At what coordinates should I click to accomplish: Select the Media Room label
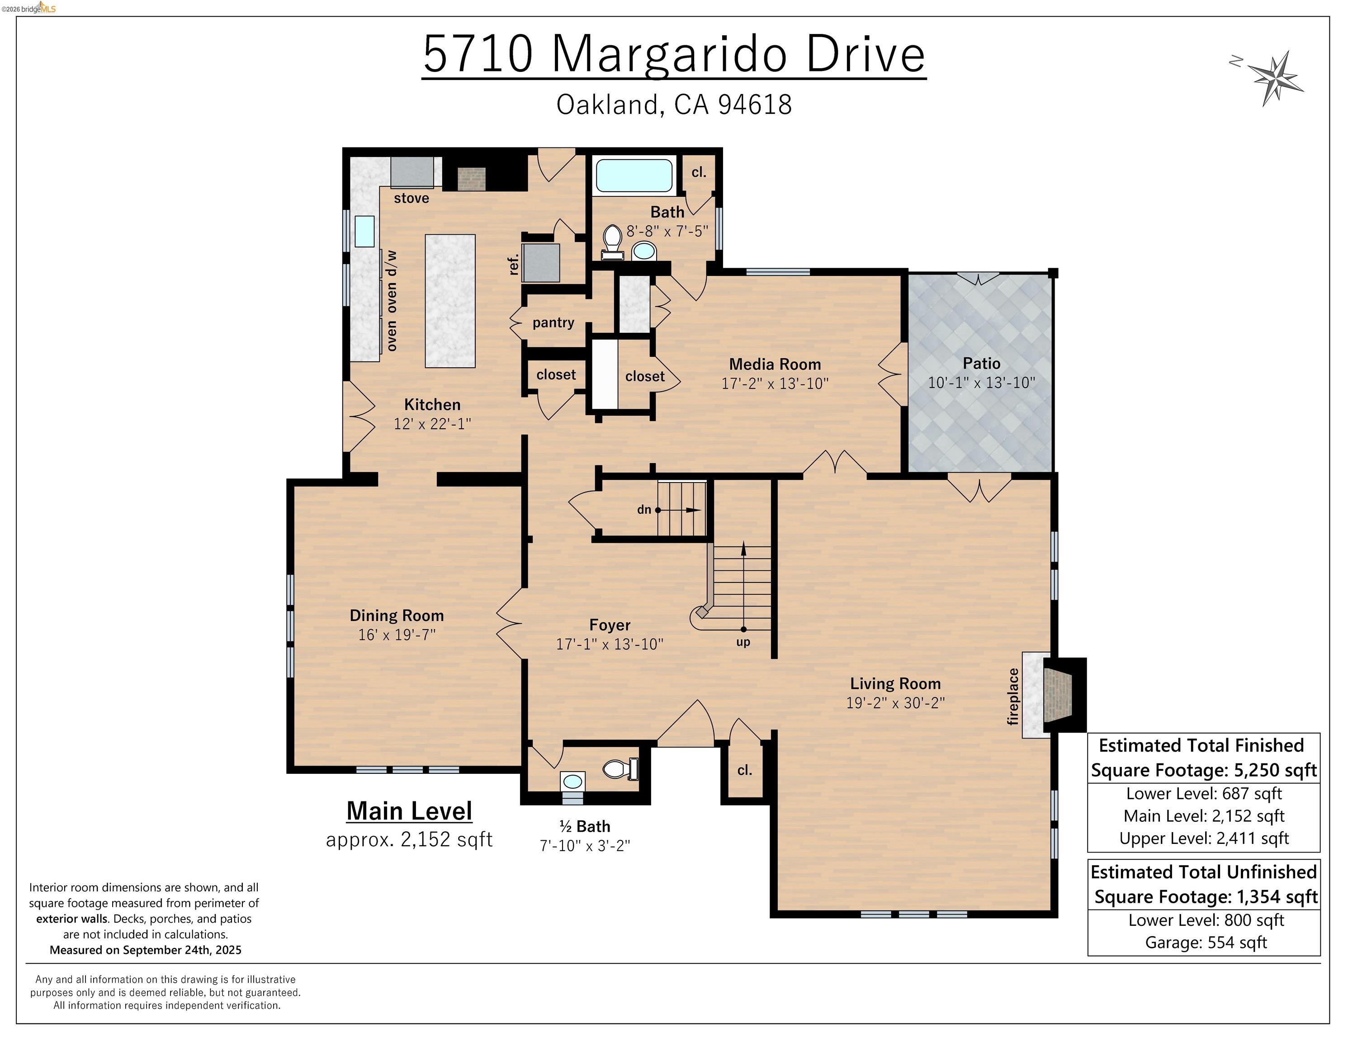(x=775, y=364)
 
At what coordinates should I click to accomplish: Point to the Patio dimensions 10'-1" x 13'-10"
(x=981, y=383)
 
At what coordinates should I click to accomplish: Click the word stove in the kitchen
(x=411, y=198)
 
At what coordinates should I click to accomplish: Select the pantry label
(x=553, y=322)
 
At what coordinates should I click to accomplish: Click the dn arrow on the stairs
(x=679, y=510)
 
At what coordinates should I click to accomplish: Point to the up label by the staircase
(x=743, y=642)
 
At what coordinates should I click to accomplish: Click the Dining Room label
(x=396, y=616)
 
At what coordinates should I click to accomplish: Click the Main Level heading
(x=409, y=810)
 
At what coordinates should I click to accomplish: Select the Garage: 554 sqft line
(x=1206, y=942)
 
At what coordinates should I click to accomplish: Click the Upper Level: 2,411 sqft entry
(x=1204, y=838)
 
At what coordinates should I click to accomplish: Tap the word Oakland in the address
(x=607, y=105)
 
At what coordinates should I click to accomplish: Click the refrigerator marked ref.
(x=541, y=263)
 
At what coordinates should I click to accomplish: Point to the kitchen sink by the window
(x=364, y=231)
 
